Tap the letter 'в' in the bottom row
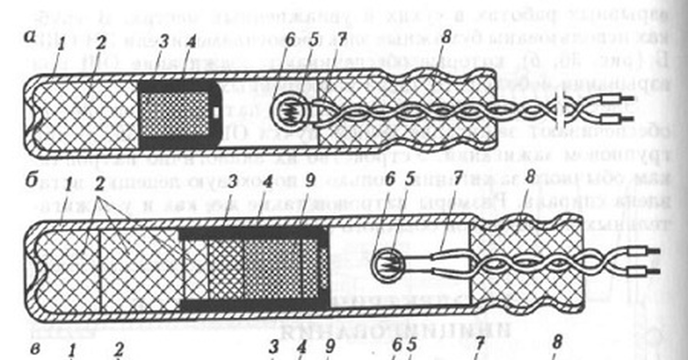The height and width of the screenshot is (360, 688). [36, 347]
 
